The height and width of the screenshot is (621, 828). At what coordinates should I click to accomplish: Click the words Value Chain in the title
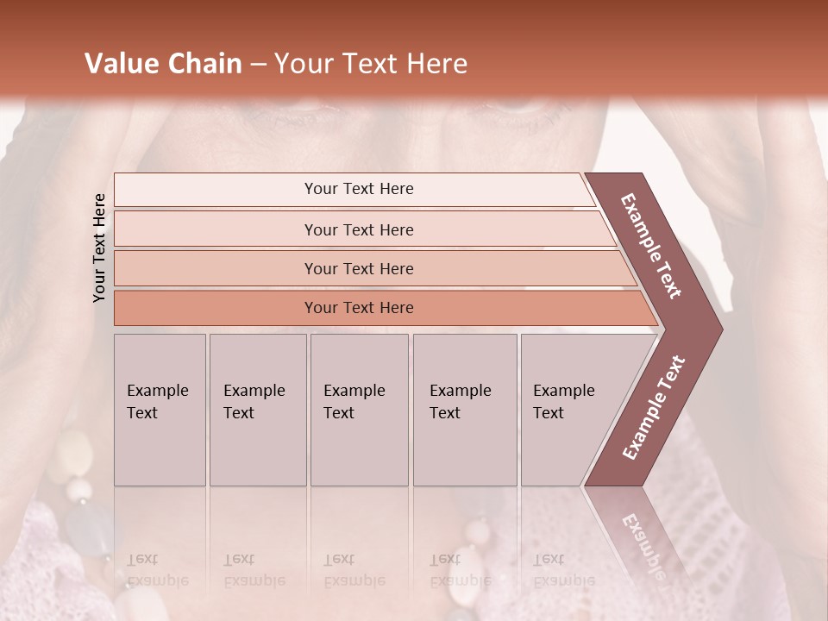163,64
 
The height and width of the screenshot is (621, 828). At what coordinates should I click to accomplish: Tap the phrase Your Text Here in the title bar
371,64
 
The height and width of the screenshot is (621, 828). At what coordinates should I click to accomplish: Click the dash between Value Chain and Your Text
258,65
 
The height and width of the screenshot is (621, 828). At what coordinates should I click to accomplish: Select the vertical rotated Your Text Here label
100,248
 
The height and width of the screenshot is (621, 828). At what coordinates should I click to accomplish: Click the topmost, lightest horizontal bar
359,189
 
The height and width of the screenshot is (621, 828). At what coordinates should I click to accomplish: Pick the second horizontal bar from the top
359,229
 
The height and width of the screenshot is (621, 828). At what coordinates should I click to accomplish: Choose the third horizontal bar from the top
359,268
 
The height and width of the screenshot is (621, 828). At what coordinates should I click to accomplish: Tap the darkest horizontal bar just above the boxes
359,308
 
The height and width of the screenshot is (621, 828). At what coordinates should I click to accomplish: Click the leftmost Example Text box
160,409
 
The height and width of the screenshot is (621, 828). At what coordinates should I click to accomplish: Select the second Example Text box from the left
257,409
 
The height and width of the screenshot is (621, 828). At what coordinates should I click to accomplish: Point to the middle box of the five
359,409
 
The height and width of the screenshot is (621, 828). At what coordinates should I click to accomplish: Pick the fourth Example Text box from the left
464,409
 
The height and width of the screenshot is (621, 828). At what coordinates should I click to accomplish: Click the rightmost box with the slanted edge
569,409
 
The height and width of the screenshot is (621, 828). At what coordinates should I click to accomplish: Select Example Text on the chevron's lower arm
654,408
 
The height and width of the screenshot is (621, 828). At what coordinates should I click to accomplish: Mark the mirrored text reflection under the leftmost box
158,570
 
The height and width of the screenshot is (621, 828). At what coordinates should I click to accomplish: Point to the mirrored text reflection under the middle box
354,570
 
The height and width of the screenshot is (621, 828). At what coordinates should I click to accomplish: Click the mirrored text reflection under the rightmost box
562,570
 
